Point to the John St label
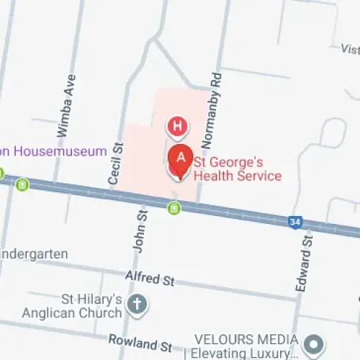(x=141, y=230)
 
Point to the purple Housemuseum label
(x=53, y=152)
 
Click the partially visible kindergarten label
(x=34, y=253)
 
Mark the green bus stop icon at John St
(x=173, y=208)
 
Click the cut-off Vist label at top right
(x=350, y=48)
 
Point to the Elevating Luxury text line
(x=241, y=354)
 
